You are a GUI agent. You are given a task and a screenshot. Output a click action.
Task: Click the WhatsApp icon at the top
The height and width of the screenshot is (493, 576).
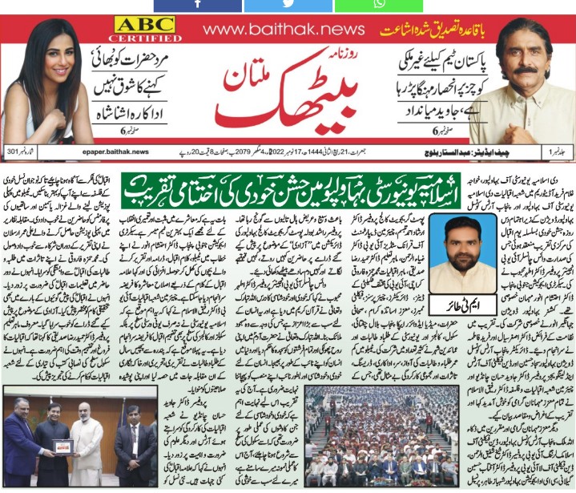click(377, 5)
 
